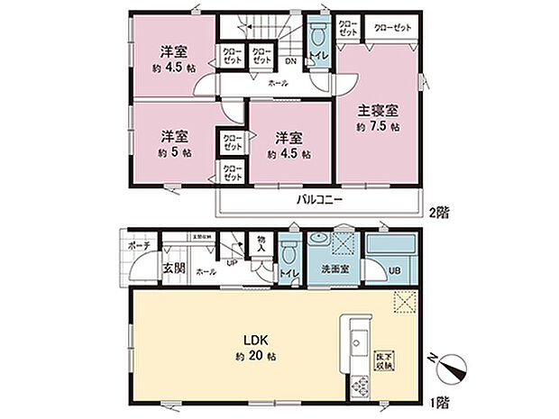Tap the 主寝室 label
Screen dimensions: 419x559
(379, 111)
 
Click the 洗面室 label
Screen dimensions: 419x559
(325, 268)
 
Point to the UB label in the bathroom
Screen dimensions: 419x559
(394, 269)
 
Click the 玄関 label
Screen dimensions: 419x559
(174, 268)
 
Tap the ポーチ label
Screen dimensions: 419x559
(141, 245)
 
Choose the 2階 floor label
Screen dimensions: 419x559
(438, 213)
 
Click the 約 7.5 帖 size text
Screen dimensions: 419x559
(379, 127)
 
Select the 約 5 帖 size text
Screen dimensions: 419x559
(175, 153)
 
